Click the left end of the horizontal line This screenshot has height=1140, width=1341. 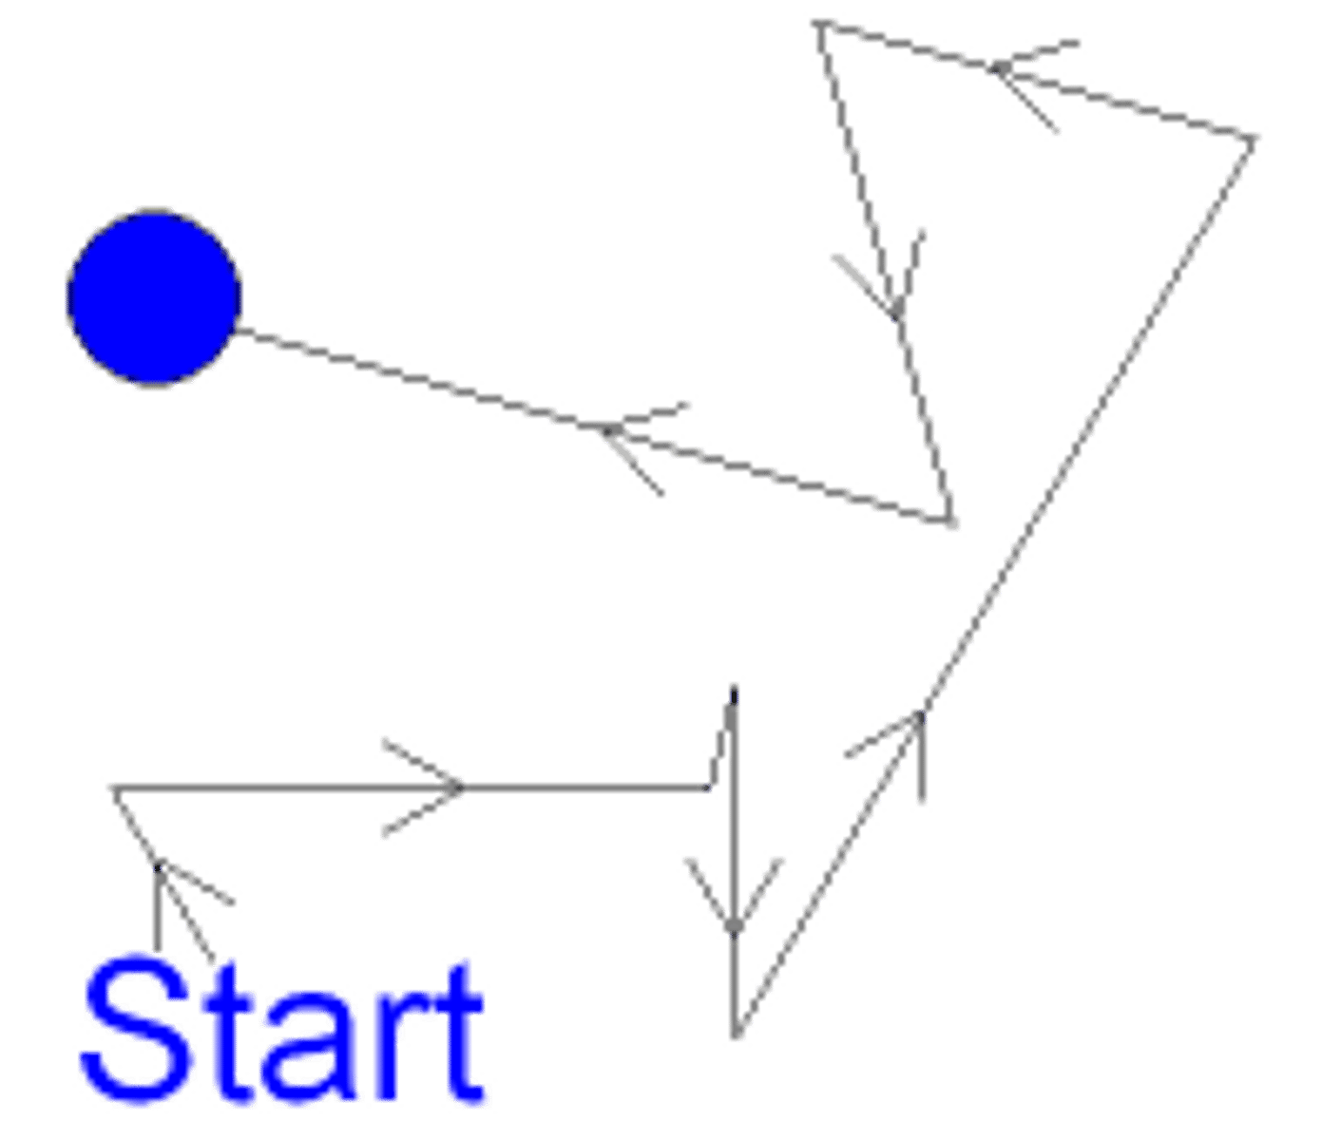(110, 788)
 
